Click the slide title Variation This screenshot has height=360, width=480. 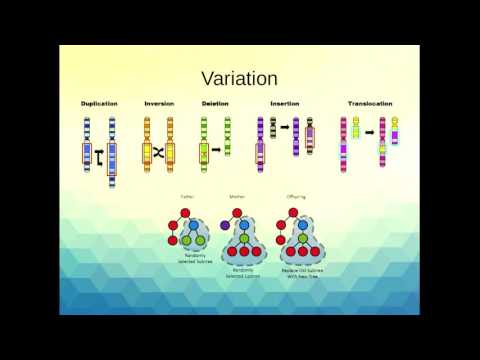pyautogui.click(x=240, y=77)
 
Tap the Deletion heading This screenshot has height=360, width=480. pyautogui.click(x=215, y=104)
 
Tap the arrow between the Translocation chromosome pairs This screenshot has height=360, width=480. pyautogui.click(x=368, y=131)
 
